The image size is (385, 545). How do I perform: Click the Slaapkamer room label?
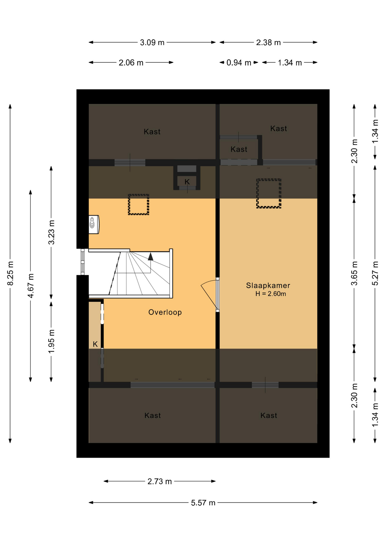click(x=268, y=285)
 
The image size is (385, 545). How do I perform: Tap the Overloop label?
click(x=165, y=312)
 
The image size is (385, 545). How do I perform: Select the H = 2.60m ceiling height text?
click(x=270, y=294)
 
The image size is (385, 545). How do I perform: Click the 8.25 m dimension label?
click(x=10, y=273)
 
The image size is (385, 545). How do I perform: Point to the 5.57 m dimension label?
click(x=203, y=503)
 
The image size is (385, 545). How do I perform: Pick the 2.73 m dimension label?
click(x=159, y=481)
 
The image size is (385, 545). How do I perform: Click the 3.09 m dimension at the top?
click(x=152, y=43)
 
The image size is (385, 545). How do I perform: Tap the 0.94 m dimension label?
click(x=238, y=63)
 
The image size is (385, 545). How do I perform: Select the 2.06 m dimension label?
click(x=131, y=63)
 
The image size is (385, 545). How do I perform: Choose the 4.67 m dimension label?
click(x=31, y=286)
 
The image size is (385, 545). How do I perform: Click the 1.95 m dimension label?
click(x=51, y=341)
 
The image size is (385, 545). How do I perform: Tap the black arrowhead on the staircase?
click(x=151, y=257)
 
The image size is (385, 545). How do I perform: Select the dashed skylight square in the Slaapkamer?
click(x=268, y=193)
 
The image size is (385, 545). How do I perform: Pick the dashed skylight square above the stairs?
click(x=138, y=204)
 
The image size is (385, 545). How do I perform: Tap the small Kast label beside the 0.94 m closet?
click(x=239, y=149)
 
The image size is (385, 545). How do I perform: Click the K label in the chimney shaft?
click(x=187, y=182)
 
